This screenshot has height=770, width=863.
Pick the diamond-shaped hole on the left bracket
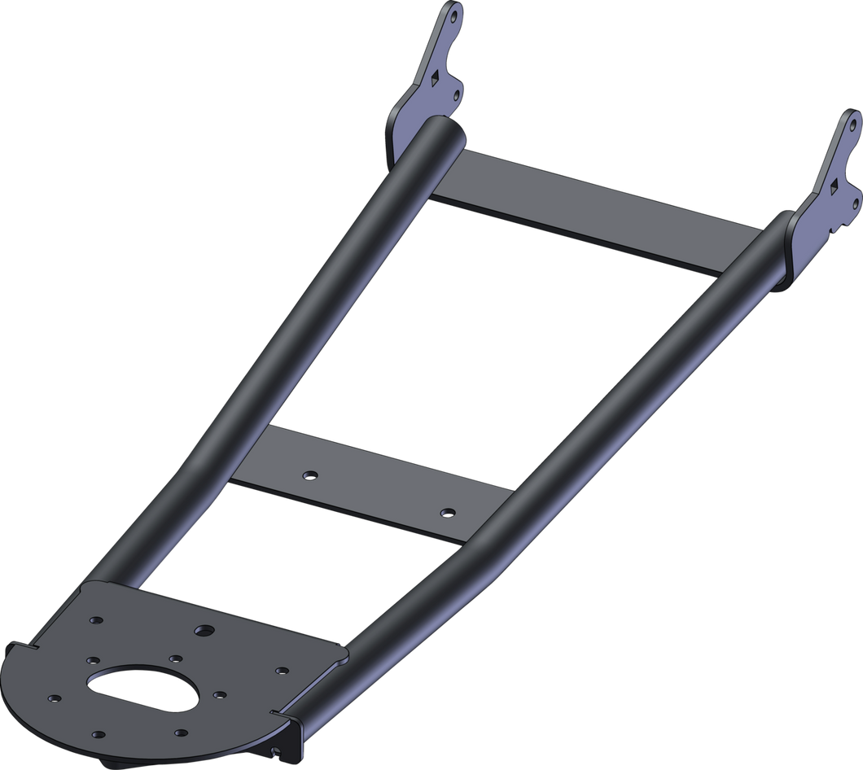(x=438, y=77)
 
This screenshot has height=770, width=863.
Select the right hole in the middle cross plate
(x=445, y=513)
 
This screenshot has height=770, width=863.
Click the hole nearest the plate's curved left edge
(x=55, y=698)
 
